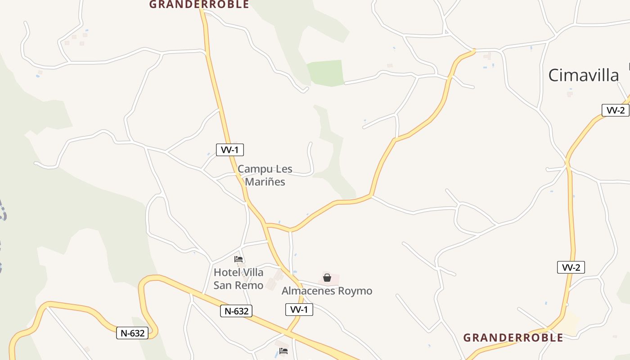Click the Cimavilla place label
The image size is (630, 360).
click(583, 75)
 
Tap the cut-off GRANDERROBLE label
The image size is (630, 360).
click(199, 4)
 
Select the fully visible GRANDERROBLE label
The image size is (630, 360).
click(513, 337)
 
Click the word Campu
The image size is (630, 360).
click(255, 169)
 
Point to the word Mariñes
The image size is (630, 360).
click(265, 182)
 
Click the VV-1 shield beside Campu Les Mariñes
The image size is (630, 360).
click(230, 150)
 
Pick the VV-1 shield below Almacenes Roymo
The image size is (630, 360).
click(299, 310)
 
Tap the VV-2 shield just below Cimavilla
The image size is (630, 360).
click(615, 111)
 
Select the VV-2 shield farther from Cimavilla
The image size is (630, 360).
click(571, 267)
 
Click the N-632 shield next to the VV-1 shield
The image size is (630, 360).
click(236, 311)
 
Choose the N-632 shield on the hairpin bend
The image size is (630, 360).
click(132, 333)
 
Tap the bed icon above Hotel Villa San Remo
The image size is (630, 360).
click(238, 259)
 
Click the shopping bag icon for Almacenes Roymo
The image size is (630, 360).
click(327, 278)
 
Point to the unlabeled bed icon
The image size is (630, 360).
click(283, 351)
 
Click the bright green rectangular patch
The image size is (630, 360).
click(326, 72)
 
